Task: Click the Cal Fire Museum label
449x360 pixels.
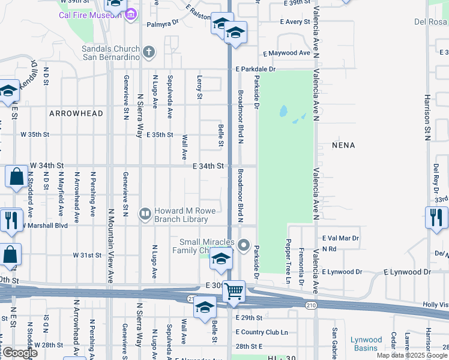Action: (86, 16)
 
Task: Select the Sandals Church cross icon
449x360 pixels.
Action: (148, 52)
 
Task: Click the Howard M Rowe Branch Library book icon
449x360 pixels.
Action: (145, 214)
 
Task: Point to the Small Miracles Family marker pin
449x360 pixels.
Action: (243, 245)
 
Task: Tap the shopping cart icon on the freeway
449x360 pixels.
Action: (234, 292)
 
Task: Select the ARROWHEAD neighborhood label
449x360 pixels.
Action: (76, 113)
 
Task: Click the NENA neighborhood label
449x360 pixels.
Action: (343, 145)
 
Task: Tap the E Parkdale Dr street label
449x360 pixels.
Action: (255, 69)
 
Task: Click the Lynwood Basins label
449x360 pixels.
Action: (366, 344)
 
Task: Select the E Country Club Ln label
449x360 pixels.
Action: (262, 332)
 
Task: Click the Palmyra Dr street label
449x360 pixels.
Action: (163, 25)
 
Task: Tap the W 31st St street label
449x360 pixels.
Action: (87, 255)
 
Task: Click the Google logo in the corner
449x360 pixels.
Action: (19, 353)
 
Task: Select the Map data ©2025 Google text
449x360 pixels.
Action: (412, 356)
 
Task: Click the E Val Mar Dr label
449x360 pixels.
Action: (340, 238)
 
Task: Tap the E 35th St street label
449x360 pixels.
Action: (160, 135)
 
